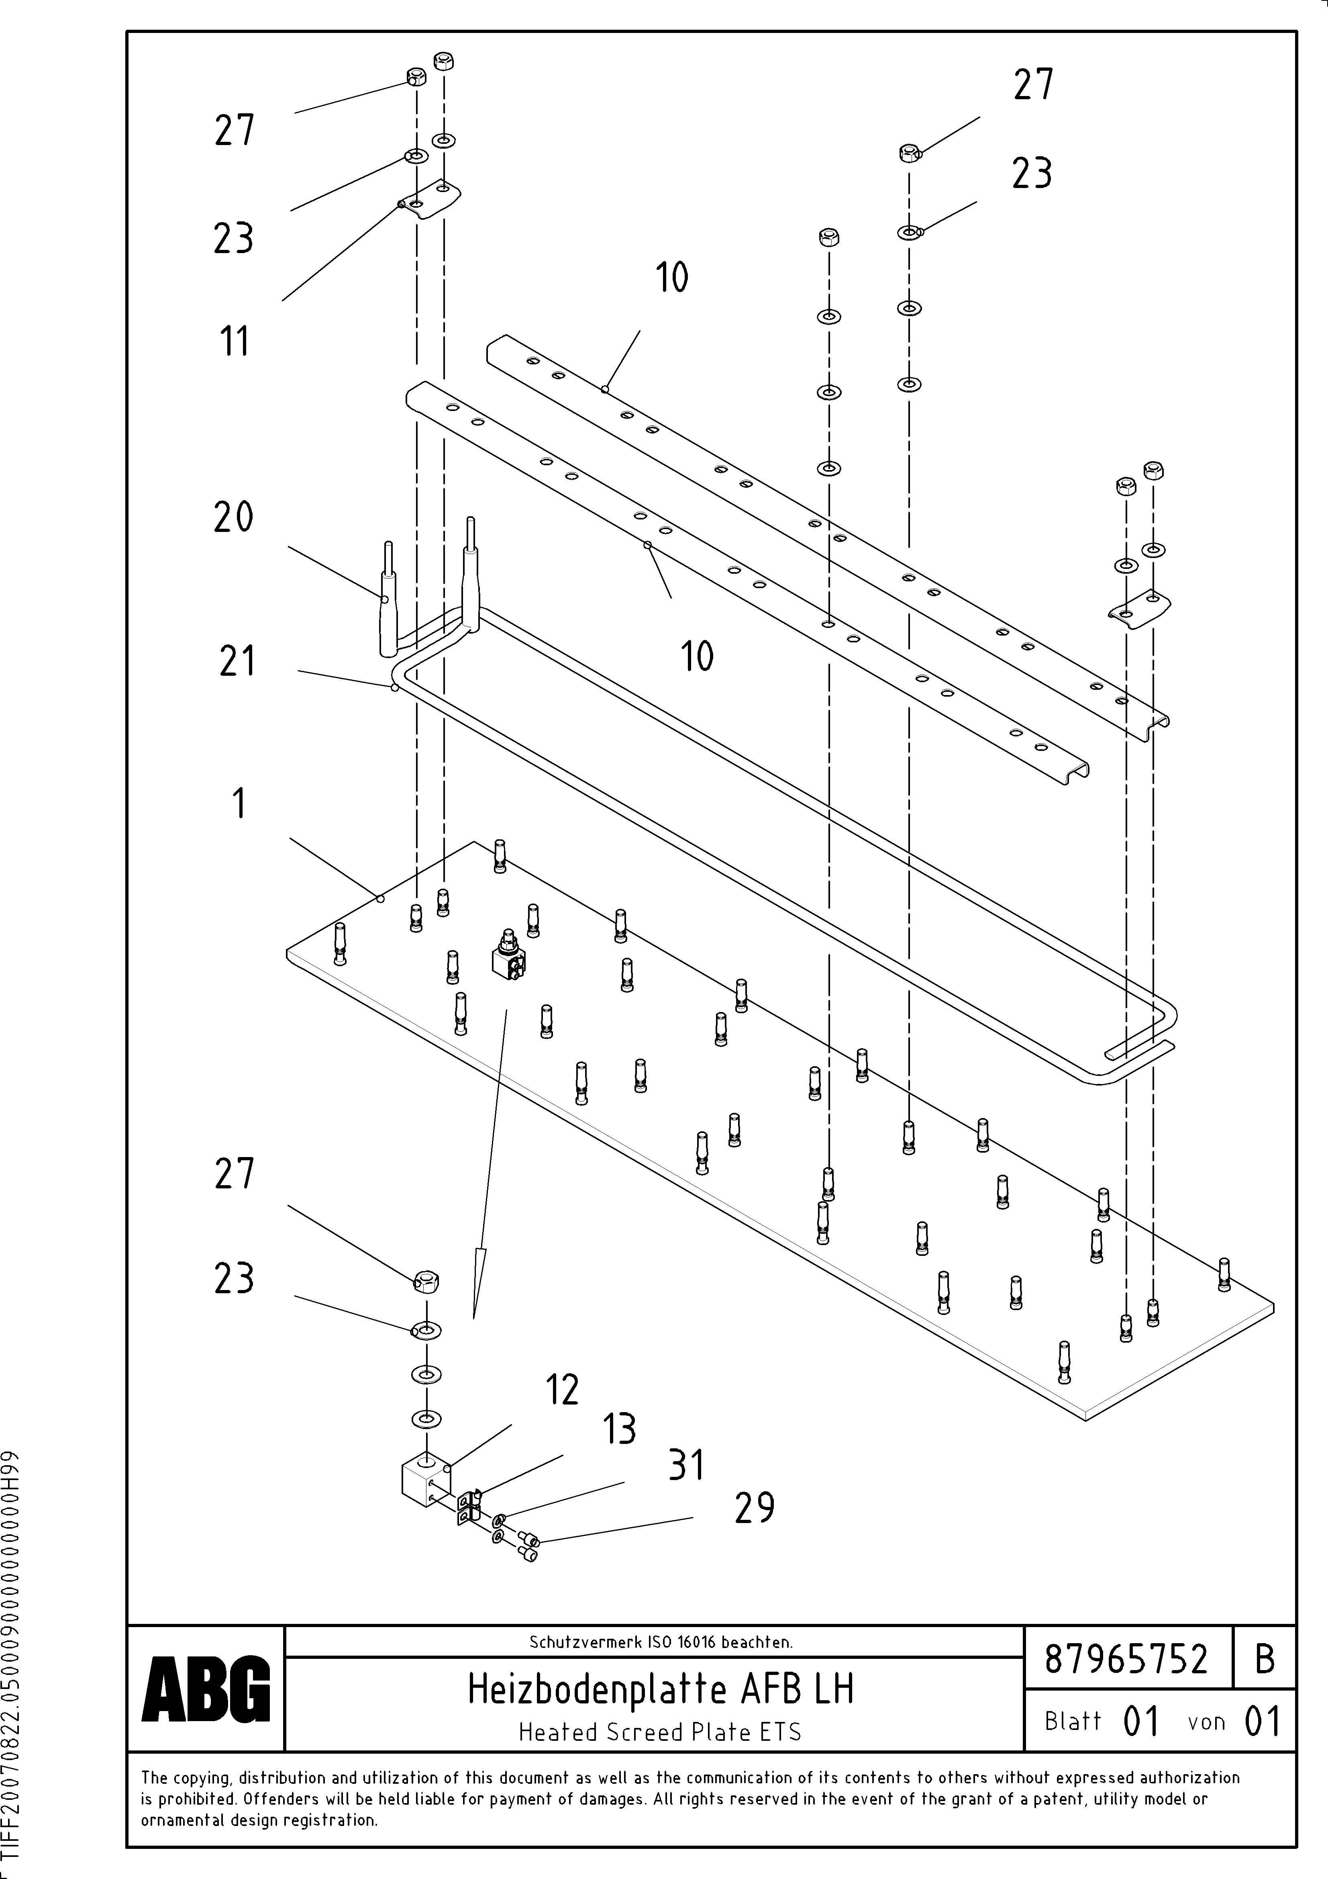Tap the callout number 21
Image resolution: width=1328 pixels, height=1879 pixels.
(x=237, y=661)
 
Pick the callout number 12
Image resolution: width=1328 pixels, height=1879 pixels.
(x=562, y=1390)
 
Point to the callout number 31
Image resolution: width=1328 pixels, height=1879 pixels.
(x=685, y=1466)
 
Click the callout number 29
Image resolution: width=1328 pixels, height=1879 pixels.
(x=754, y=1507)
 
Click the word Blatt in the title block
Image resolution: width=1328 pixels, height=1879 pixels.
(x=1073, y=1721)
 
